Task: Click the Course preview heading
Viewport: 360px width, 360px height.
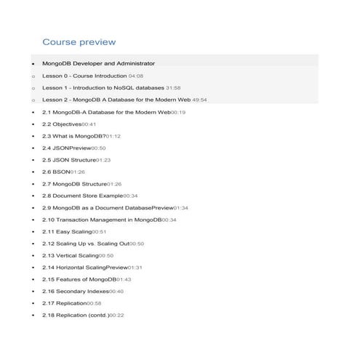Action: [79, 42]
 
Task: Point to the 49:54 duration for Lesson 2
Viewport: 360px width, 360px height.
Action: [199, 100]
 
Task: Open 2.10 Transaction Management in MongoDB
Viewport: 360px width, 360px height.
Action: [102, 220]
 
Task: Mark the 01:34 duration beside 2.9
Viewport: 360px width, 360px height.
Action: [180, 208]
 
